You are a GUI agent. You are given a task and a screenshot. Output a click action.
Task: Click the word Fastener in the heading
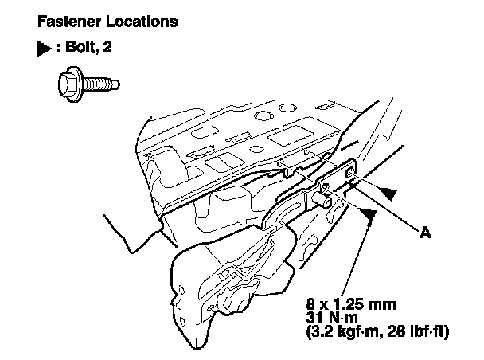tap(69, 22)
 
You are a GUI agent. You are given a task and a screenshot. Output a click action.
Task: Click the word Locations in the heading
tap(142, 22)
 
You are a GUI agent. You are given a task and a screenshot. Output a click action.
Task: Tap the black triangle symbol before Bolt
tap(44, 49)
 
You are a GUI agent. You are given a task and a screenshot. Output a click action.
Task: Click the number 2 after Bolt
tap(107, 47)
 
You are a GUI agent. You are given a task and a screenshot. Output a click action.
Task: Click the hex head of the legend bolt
tap(70, 84)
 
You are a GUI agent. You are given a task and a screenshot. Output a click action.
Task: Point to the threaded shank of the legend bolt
tap(97, 84)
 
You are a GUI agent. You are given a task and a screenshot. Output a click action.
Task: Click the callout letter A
tap(425, 233)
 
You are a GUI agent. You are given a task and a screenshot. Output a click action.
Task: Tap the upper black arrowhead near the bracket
tap(388, 193)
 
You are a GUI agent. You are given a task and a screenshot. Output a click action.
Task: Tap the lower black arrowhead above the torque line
tap(369, 213)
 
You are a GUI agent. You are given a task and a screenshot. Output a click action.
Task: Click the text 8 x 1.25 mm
tap(351, 304)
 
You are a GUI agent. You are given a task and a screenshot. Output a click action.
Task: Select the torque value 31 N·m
tap(332, 318)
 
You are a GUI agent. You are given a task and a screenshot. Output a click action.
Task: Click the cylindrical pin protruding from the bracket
tap(322, 199)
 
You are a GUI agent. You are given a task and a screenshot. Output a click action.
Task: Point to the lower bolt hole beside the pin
tap(326, 187)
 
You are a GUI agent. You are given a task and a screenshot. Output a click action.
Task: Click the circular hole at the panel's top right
tap(287, 108)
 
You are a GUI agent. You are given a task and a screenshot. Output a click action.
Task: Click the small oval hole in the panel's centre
tap(256, 149)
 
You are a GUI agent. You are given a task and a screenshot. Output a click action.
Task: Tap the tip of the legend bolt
tap(119, 84)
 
